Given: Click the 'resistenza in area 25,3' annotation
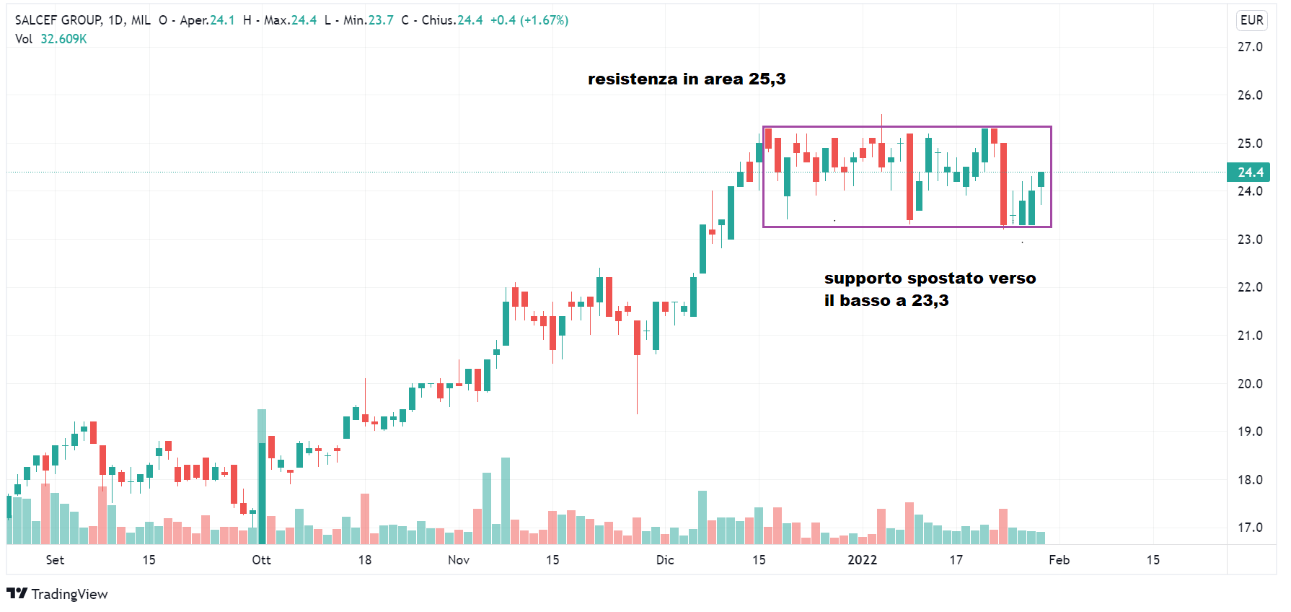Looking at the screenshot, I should point(686,79).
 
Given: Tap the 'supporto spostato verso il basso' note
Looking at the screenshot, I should point(929,289).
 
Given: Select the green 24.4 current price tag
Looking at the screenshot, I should point(1250,172).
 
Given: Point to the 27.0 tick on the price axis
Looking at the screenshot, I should point(1250,47).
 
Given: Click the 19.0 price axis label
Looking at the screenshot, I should point(1250,432).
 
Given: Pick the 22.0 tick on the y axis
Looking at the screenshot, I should point(1250,287).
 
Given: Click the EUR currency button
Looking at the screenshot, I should point(1251,20).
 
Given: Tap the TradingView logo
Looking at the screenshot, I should point(58,594).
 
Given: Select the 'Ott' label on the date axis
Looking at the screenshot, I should point(261,560).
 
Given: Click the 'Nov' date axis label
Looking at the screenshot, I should point(459,560).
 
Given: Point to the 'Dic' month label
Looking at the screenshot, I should point(665,560).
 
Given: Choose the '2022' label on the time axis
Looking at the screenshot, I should point(863,560).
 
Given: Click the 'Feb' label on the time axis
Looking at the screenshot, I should point(1059,560).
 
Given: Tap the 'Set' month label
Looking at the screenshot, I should point(55,560).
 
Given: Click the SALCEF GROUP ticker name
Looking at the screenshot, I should point(58,20).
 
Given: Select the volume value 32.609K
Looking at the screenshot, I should point(63,39).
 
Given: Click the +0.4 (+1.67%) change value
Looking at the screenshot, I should point(529,20).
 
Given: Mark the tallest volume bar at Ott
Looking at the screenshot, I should point(262,476).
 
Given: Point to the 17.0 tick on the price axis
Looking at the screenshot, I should point(1250,528).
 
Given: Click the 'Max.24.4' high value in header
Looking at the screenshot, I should point(290,20).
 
